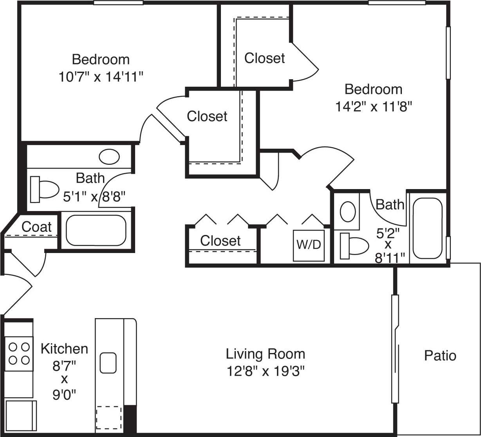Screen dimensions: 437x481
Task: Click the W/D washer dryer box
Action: (x=309, y=245)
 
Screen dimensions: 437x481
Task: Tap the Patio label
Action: (x=440, y=355)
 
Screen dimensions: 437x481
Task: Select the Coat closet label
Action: (x=36, y=226)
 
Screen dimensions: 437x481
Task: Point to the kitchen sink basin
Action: (x=108, y=362)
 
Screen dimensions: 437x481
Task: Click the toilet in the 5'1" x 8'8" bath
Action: (x=43, y=189)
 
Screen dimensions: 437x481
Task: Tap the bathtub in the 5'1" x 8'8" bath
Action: (x=96, y=230)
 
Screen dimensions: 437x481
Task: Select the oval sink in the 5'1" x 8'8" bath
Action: (x=109, y=157)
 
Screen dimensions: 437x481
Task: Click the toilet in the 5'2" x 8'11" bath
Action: (x=354, y=246)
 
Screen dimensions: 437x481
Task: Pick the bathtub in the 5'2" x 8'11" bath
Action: (x=427, y=228)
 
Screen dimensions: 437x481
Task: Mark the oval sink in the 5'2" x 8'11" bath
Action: (x=347, y=211)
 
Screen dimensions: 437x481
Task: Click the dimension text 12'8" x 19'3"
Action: (x=265, y=371)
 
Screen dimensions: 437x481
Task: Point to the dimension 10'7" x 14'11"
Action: (x=101, y=76)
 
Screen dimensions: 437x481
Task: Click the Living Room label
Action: (x=265, y=354)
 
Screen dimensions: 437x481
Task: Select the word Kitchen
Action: (x=64, y=348)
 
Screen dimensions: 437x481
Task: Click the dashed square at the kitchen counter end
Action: (x=108, y=417)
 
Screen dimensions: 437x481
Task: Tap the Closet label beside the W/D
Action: (x=220, y=240)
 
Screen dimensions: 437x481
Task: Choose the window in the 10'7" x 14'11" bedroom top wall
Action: (x=118, y=3)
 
